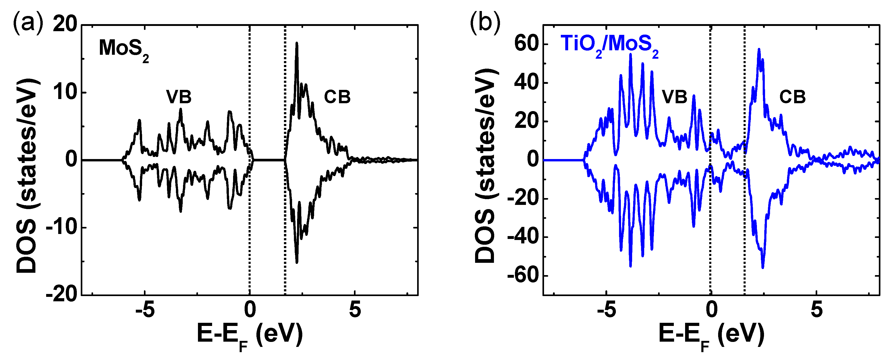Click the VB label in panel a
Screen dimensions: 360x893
point(179,97)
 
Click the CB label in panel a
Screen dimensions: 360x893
point(337,97)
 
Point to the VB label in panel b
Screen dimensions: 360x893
point(675,97)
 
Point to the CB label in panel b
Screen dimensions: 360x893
point(793,97)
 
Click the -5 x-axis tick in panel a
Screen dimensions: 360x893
point(145,310)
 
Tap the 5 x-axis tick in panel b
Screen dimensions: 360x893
point(817,310)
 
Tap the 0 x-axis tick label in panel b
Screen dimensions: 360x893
point(711,310)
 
